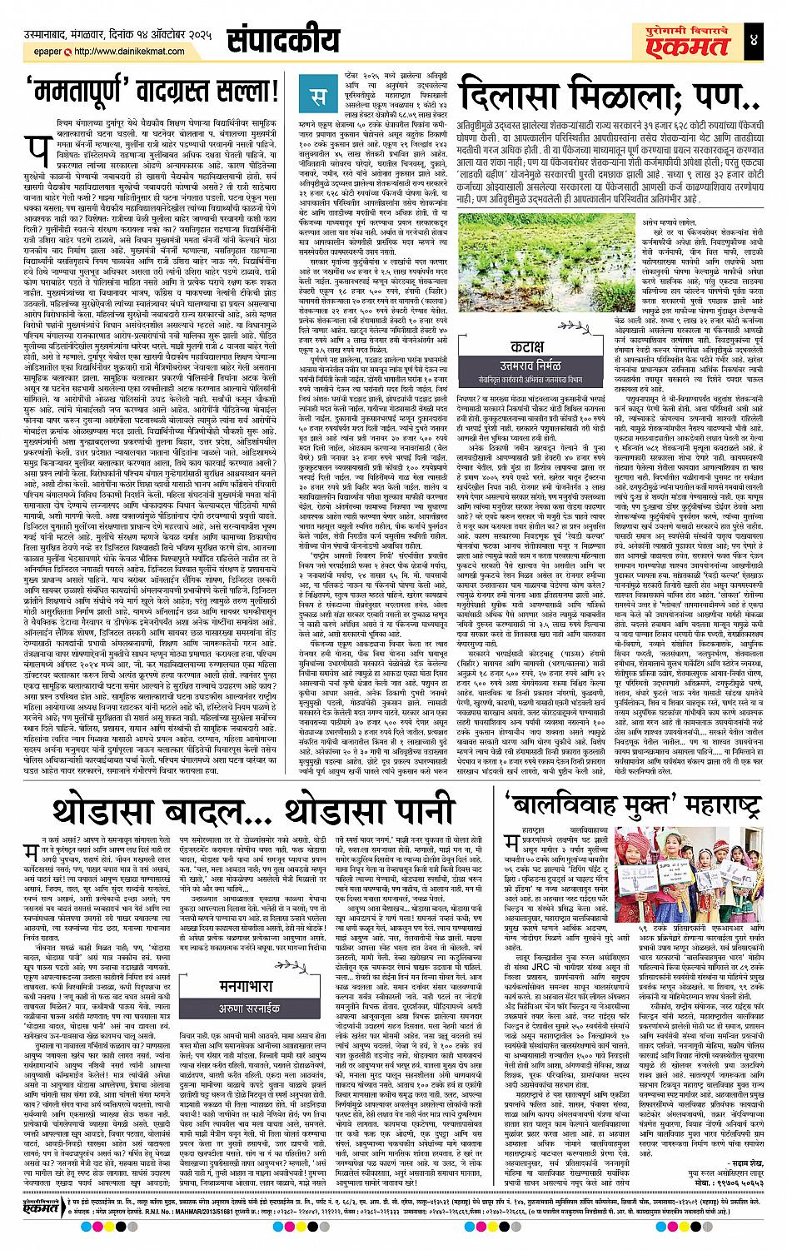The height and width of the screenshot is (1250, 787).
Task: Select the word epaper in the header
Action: (x=44, y=52)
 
